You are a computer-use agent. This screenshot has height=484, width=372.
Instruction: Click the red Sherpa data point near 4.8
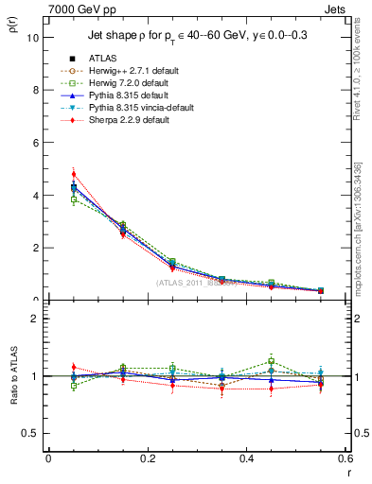point(74,174)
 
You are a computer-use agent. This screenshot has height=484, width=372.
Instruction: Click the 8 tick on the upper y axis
point(36,91)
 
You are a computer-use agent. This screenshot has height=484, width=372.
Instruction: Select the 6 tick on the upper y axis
point(36,143)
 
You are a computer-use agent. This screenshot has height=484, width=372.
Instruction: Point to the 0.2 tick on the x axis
point(147,458)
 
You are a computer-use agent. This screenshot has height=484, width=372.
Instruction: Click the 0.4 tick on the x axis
point(246,458)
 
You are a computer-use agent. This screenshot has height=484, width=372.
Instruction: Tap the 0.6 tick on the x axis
point(345,458)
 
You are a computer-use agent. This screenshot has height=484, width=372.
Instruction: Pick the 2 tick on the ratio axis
point(36,319)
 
